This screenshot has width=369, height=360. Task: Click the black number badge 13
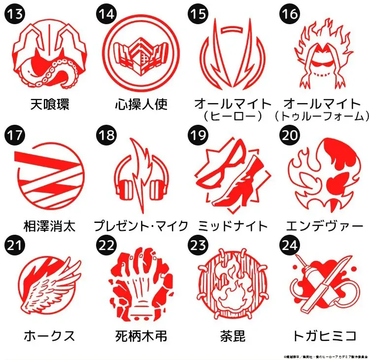(15, 14)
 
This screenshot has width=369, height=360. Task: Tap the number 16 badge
(290, 14)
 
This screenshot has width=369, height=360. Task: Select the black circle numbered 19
(198, 135)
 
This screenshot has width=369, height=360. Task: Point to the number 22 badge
(107, 245)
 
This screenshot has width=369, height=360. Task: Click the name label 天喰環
(49, 104)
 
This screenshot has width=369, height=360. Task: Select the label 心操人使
(141, 104)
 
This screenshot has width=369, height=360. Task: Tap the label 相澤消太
(49, 226)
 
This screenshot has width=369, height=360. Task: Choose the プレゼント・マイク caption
(141, 226)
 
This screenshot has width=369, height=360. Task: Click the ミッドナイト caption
(233, 226)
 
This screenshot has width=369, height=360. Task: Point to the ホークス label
(49, 336)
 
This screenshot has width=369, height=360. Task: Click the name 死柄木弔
(141, 336)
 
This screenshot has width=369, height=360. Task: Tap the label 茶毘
(233, 336)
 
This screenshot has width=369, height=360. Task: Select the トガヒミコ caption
(324, 336)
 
